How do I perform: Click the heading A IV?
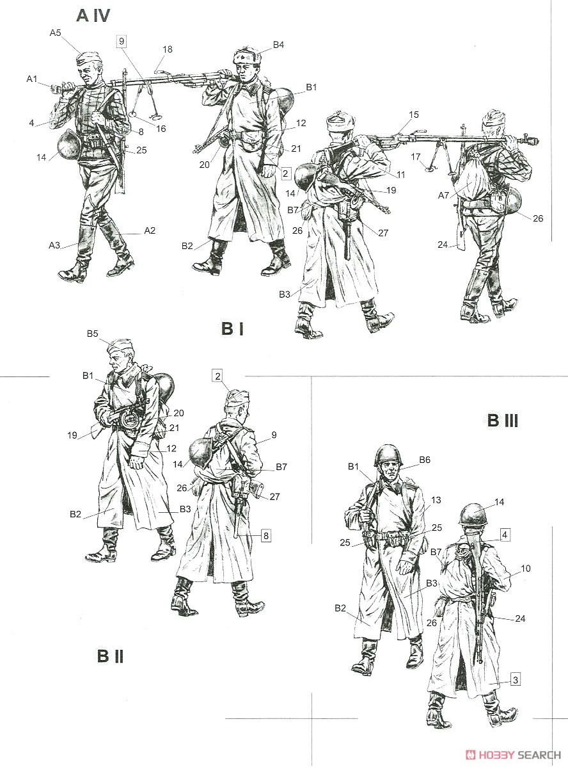coord(93,15)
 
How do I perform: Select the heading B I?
coord(232,328)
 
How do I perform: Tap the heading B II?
coord(110,656)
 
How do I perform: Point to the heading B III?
coord(503,420)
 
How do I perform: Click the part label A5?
coord(55,33)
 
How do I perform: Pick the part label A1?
coord(32,78)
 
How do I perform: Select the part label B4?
coord(278,45)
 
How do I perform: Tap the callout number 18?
coord(167,49)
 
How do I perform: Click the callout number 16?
coord(161,129)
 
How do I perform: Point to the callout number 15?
coord(414,115)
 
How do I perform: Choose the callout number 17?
coord(416,156)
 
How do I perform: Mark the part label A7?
coord(443,195)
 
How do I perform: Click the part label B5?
coord(93,334)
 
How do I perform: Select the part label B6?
coord(425,460)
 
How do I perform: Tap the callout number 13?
coord(436,499)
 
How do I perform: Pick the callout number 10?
coord(525,569)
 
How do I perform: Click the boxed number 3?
coord(516,679)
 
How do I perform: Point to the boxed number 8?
coord(265,536)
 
